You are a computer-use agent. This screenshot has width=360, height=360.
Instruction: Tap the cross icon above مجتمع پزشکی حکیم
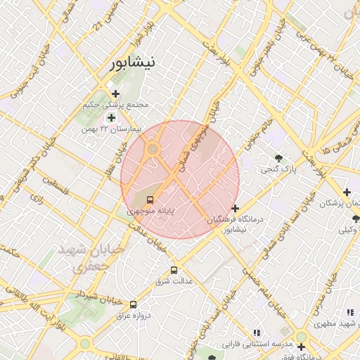coord(116,94)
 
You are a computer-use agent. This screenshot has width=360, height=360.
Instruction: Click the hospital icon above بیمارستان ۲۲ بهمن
coord(111,117)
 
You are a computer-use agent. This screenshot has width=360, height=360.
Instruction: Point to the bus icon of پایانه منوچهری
coord(149,200)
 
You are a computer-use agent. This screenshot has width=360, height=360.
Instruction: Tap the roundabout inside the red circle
coord(153,148)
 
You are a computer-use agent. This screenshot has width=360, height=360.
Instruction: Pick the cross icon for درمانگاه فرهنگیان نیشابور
coord(235,208)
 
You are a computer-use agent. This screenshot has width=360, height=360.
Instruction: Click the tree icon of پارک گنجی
coord(280,158)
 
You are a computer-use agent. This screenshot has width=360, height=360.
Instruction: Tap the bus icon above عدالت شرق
coord(174,271)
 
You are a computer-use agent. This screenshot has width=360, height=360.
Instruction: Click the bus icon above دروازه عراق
coord(133,304)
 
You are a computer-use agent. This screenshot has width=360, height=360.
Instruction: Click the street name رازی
coord(37,200)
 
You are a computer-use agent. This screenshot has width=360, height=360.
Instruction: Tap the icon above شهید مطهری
coord(349,312)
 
